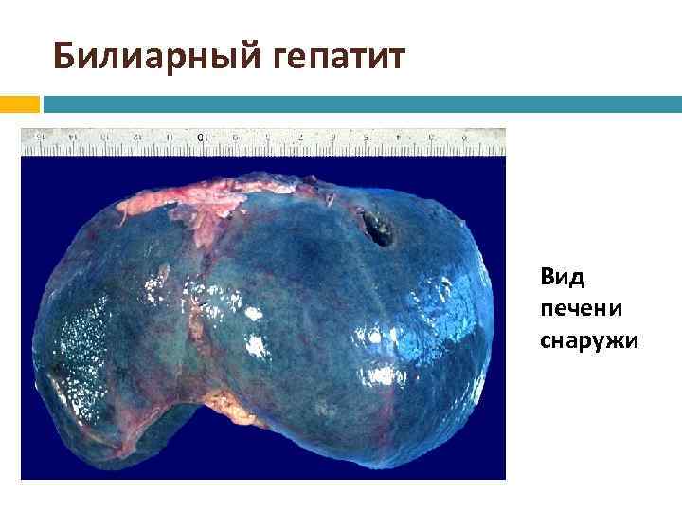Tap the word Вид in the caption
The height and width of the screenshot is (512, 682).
point(563,277)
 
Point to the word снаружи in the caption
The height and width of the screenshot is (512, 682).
point(588,338)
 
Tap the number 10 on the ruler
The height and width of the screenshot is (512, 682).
point(201,138)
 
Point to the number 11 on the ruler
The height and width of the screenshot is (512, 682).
point(169,137)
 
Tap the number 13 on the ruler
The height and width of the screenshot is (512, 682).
point(105,137)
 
